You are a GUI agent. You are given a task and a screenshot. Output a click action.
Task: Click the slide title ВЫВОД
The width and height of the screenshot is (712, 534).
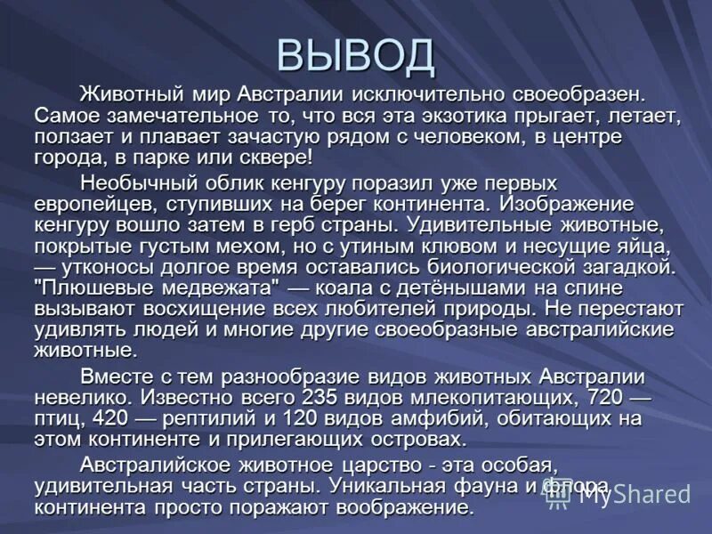coord(356,56)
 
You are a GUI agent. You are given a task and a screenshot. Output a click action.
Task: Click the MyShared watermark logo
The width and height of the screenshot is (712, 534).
coord(618,495)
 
